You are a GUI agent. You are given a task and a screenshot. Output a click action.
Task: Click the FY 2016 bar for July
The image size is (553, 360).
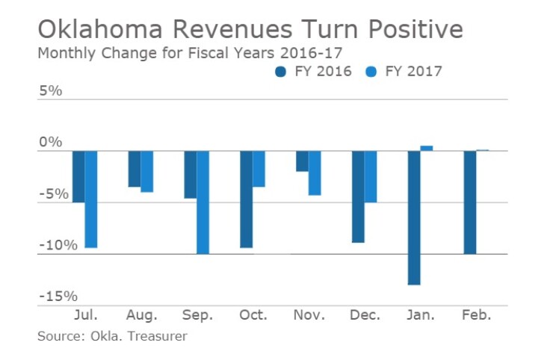point(78,176)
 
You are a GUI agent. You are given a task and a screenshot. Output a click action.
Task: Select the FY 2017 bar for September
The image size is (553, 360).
point(203,202)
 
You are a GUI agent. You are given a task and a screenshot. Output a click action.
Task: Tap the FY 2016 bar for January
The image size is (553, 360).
point(414,217)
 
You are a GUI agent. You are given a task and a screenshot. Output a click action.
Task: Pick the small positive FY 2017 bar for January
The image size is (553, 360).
point(427,148)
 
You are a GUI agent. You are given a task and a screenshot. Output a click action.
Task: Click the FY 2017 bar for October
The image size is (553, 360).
point(259,169)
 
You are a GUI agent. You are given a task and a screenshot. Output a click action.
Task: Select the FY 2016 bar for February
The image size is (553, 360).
point(470,202)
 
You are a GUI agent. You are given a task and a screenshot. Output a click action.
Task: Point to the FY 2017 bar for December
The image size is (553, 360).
point(371,176)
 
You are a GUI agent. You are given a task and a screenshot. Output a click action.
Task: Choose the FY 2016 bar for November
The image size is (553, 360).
point(302,161)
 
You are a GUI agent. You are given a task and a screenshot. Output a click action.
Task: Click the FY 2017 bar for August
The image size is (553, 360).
point(146,171)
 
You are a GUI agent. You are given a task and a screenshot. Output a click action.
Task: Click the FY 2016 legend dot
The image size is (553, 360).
point(281,72)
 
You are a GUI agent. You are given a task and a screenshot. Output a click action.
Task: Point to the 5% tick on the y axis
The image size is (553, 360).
point(52,91)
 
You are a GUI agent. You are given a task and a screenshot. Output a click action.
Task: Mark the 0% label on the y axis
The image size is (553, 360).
point(52,143)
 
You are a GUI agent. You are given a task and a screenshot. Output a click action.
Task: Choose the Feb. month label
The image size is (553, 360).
point(476,316)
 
